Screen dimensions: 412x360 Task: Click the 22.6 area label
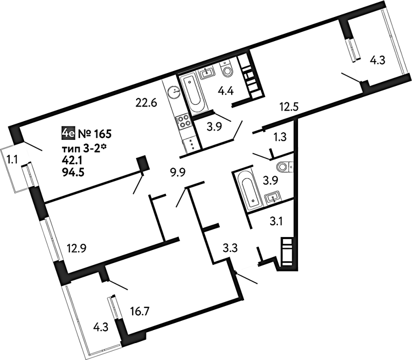point(146,102)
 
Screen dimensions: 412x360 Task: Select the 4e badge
point(68,134)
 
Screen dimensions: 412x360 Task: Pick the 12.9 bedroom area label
point(77,248)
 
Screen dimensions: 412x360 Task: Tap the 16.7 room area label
point(140,312)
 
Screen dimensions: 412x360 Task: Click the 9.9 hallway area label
point(178,173)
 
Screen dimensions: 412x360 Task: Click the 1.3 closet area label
point(280,137)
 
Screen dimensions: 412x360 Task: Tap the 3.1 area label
point(276,222)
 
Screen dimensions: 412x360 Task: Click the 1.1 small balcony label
point(12,159)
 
